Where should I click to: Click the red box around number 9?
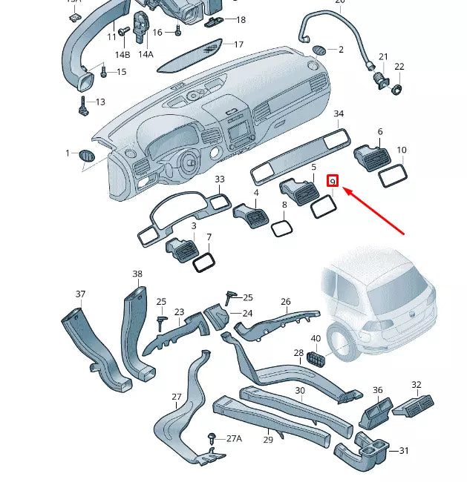333,181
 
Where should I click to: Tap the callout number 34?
339,114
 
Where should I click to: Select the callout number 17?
238,44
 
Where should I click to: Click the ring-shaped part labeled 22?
398,90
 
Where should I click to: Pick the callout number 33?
219,179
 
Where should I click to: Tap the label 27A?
234,439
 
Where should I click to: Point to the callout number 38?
137,274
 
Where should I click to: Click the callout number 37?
81,294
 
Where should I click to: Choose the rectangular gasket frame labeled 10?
393,176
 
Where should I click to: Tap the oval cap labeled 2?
319,50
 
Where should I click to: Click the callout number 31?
404,451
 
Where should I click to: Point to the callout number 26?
286,302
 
